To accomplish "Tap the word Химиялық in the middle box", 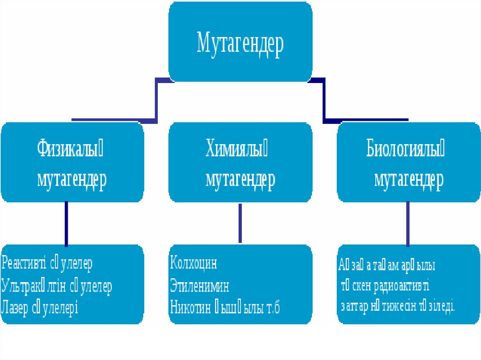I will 239,151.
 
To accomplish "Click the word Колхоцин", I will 194,263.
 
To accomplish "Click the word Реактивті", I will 24,263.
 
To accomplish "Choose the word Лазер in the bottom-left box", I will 15,308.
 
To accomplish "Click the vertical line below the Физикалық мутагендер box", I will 66,223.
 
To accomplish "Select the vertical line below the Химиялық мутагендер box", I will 240,223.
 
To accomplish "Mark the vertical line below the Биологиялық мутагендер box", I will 408,223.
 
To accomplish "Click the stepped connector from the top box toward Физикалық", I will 156,101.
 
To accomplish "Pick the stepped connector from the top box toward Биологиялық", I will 324,101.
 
